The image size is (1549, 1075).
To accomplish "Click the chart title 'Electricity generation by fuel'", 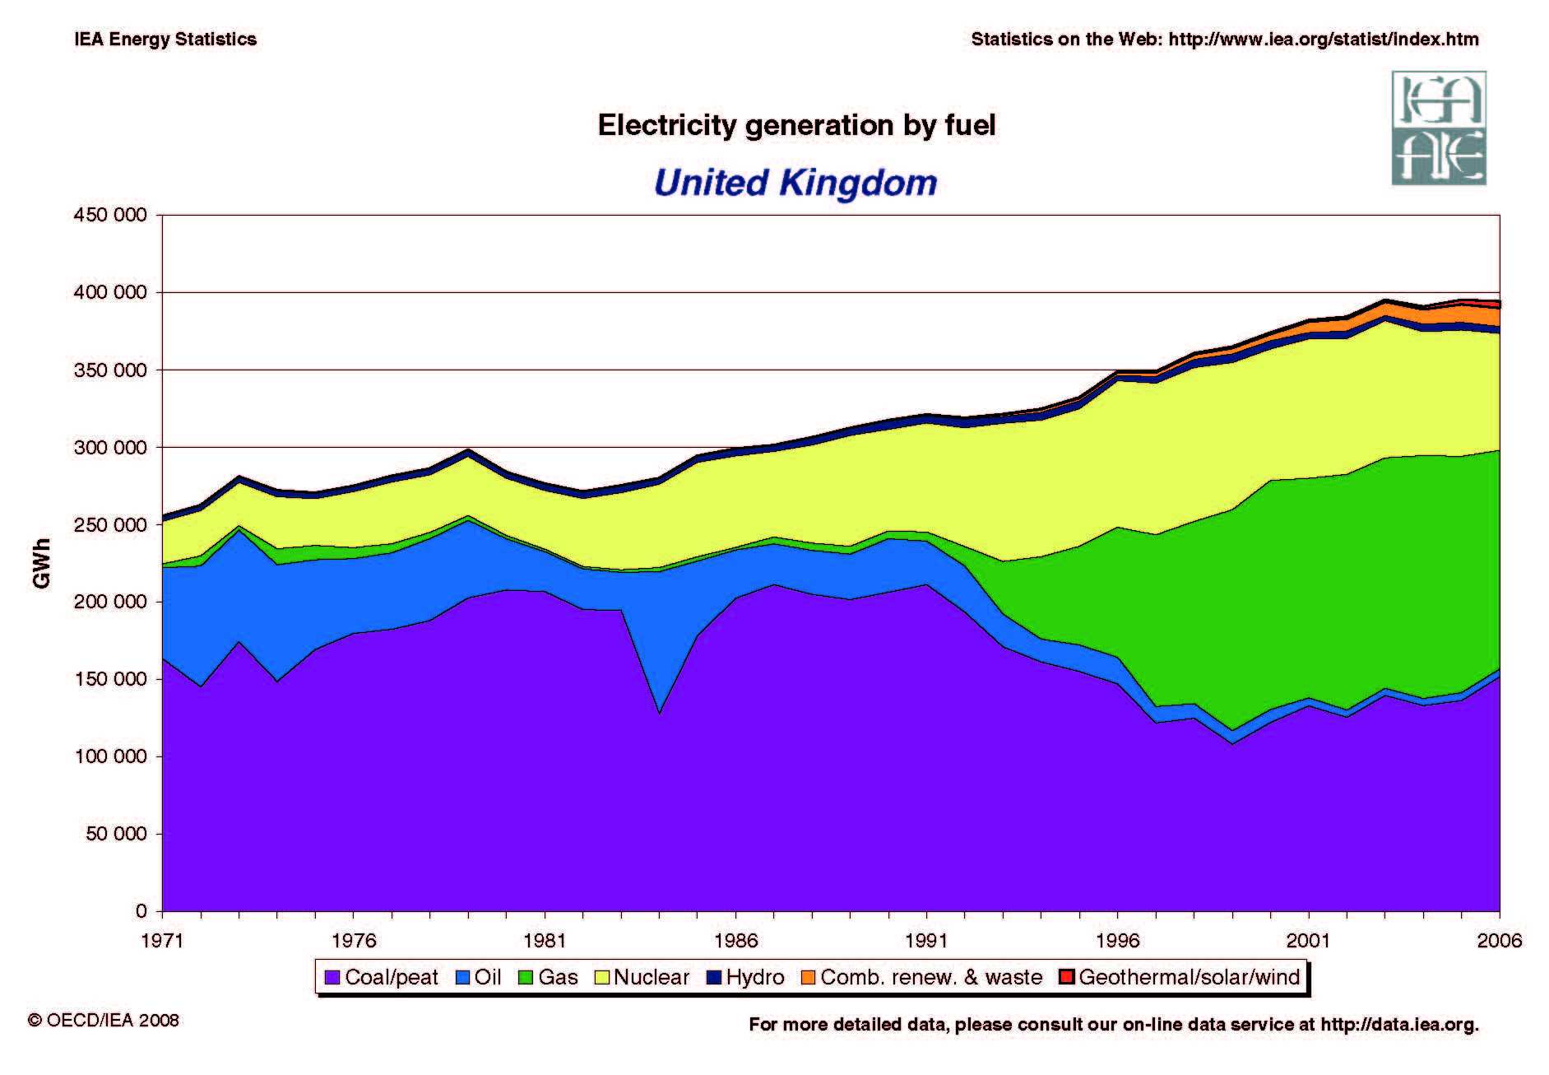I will point(796,125).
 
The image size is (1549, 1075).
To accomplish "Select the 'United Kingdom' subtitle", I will point(795,182).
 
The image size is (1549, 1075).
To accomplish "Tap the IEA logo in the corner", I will point(1439,128).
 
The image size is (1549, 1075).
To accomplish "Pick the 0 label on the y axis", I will point(141,911).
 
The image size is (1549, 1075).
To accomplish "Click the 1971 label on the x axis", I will point(162,941).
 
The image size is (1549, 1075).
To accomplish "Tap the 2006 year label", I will point(1500,941).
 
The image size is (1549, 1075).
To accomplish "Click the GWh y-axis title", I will point(42,563).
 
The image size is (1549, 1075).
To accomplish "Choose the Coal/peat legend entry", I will point(382,977).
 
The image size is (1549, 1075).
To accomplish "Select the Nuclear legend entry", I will point(642,977).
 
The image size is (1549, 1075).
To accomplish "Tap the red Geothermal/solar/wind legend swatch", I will point(1067,977).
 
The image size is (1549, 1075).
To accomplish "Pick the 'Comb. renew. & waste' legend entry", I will point(922,977).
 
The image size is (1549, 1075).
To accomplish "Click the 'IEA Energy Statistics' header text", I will point(165,40).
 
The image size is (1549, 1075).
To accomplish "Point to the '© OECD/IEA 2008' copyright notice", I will point(104,1021).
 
